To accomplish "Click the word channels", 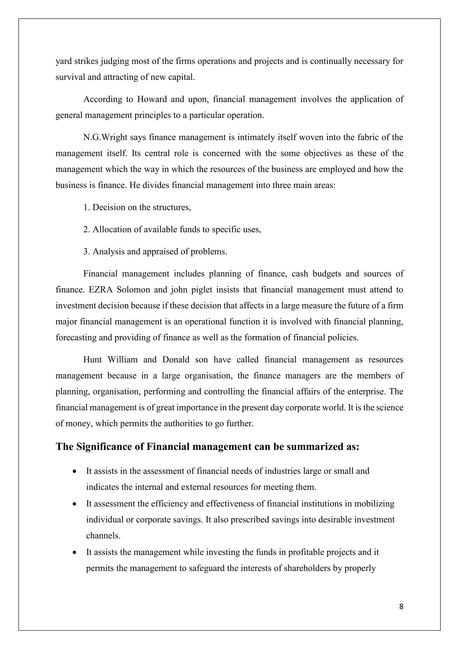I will click(103, 536).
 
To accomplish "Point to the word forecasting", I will click(76, 338).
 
